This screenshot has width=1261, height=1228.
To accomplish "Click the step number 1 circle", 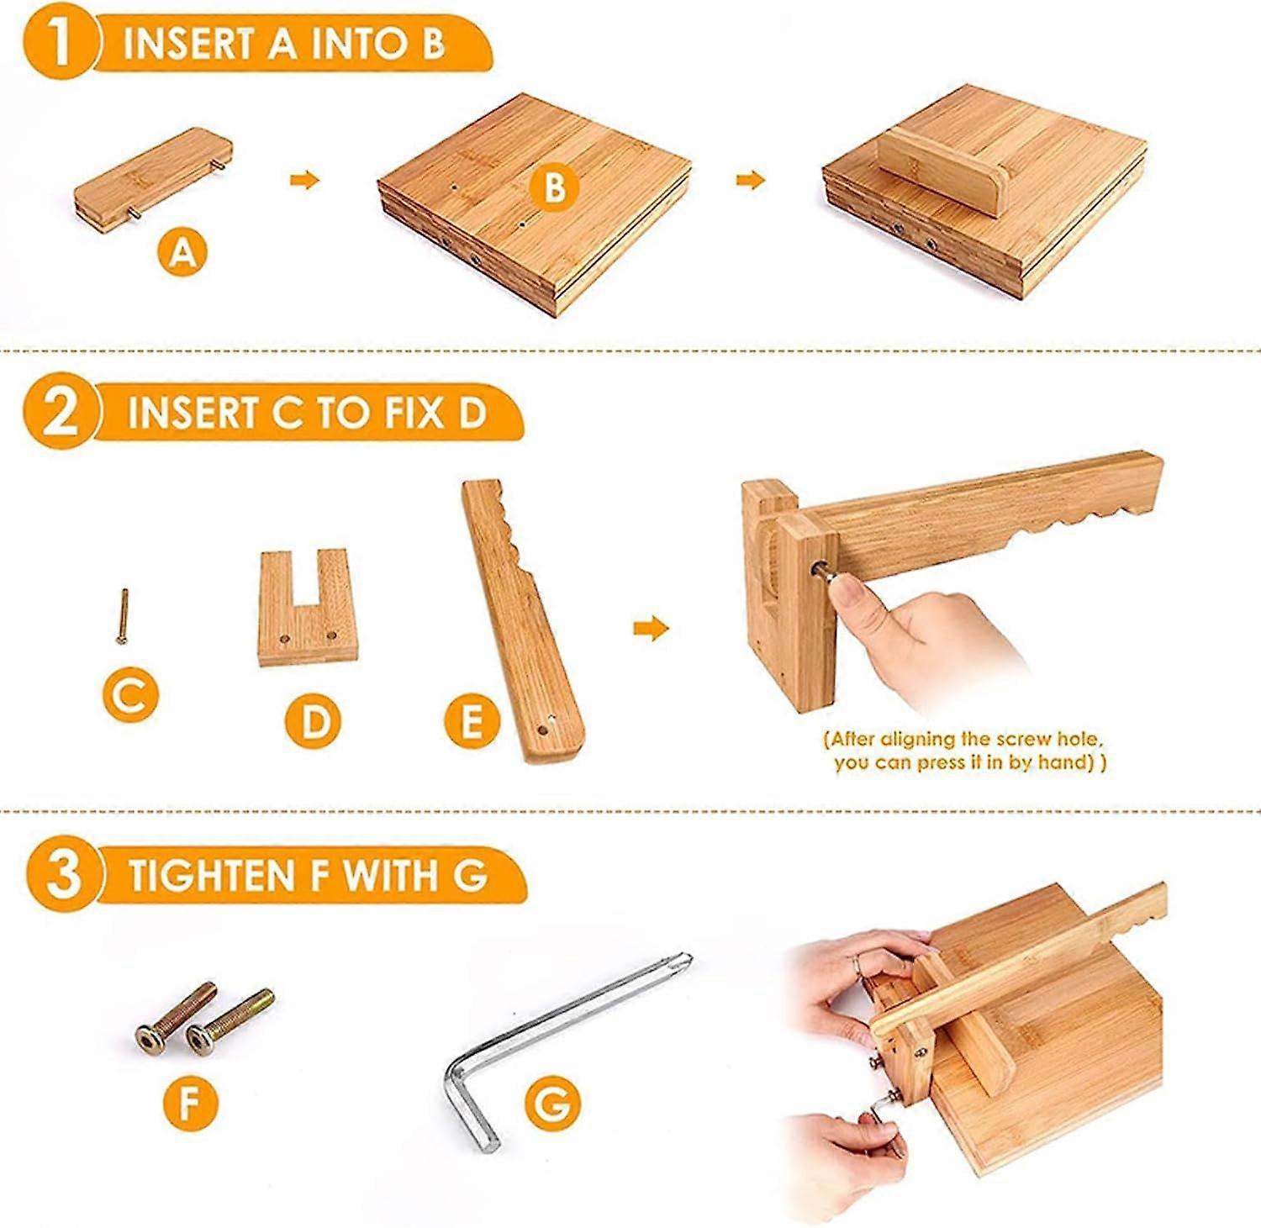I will click(x=57, y=42).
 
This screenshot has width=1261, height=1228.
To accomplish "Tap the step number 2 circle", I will click(x=59, y=414).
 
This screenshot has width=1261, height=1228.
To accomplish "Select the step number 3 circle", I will click(x=63, y=874).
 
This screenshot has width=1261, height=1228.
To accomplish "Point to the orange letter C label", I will click(x=129, y=694).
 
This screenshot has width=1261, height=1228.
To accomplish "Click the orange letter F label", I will click(x=191, y=1101).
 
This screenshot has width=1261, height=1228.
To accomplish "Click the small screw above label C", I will click(x=123, y=616).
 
